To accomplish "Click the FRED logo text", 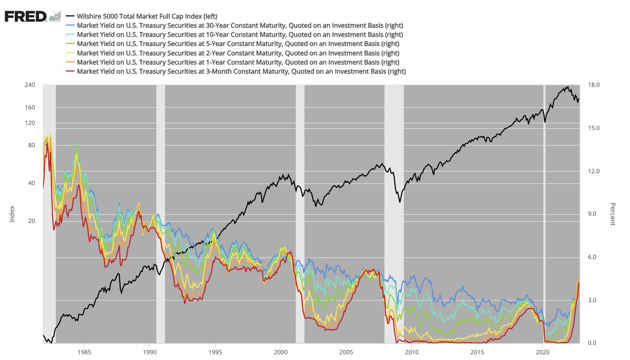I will tap(25, 16).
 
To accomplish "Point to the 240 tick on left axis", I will tap(30, 85).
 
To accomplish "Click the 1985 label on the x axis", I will tap(84, 351).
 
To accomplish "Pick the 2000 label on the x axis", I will tap(280, 351).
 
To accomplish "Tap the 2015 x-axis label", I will tap(477, 351).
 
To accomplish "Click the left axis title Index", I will tap(12, 214).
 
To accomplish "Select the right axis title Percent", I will tap(612, 214).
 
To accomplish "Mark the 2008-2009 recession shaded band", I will tap(394, 210).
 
